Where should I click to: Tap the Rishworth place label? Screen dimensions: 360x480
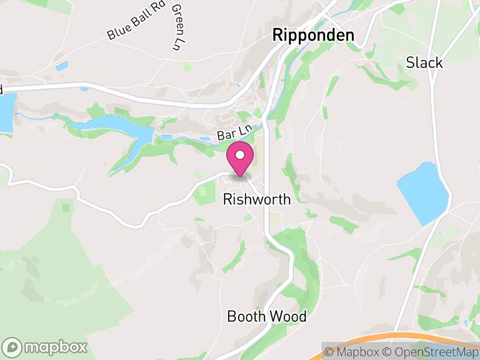tap(256, 199)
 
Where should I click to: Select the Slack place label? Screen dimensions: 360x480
tap(424, 62)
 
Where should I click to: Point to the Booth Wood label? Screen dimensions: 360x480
tap(266, 316)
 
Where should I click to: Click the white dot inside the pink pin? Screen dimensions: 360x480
tap(240, 155)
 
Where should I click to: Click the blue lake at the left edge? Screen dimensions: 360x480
tap(5, 113)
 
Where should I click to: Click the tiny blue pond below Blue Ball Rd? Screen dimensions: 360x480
tap(62, 66)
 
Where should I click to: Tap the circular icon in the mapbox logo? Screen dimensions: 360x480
tap(12, 347)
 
